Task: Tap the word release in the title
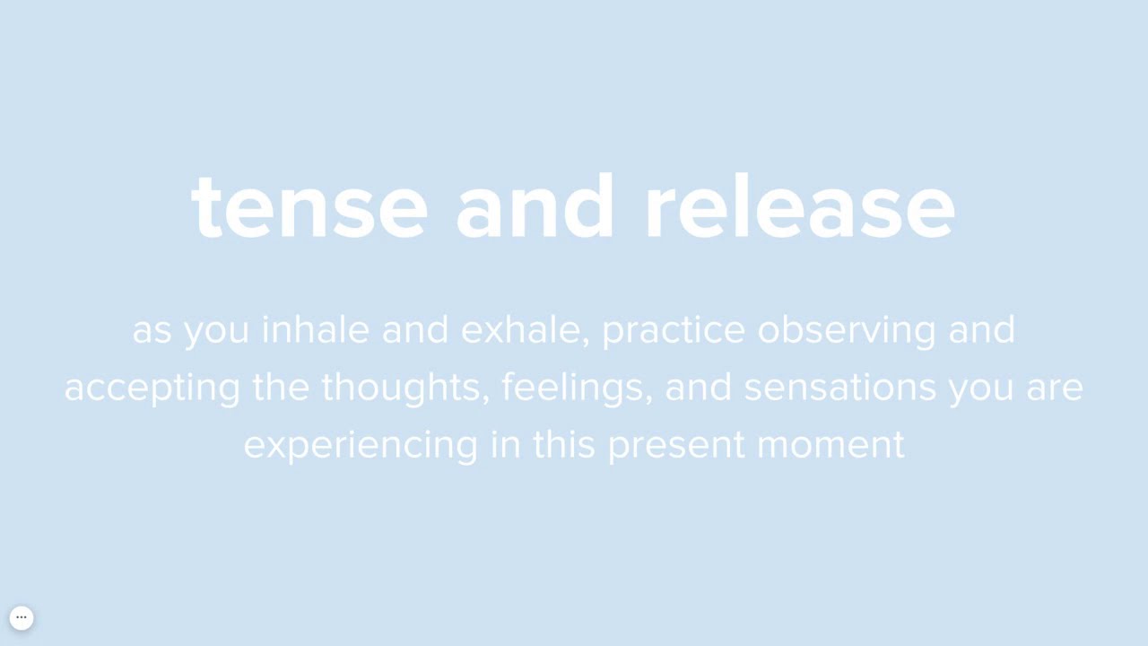tap(800, 208)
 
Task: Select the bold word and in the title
tap(535, 208)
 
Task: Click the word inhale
tap(315, 330)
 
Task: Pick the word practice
tap(674, 330)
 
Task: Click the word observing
tap(847, 330)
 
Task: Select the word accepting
tap(152, 388)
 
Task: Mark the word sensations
tap(839, 388)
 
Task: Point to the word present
tap(676, 445)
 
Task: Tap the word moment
tap(831, 445)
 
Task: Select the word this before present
tap(564, 445)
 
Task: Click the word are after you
tap(1055, 388)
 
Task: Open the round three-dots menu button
tap(22, 617)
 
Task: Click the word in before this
tap(506, 445)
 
